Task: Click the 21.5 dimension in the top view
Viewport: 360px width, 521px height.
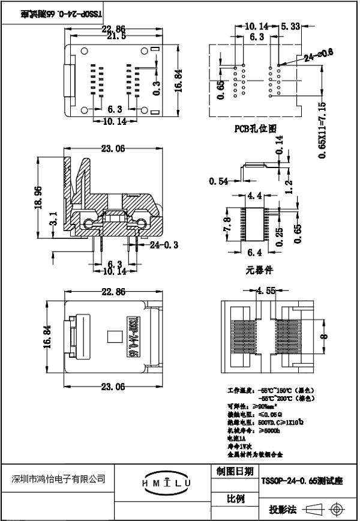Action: click(116, 37)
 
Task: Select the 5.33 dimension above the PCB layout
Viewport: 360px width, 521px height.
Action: click(291, 26)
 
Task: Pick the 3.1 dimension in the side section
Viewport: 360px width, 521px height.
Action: click(54, 219)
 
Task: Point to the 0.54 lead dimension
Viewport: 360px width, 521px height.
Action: click(218, 181)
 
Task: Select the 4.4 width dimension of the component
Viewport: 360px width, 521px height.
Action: click(254, 196)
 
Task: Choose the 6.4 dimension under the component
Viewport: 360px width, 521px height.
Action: click(254, 252)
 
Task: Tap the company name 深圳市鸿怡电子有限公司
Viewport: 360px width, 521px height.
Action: click(58, 478)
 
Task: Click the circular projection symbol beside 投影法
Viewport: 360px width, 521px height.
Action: click(335, 510)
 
